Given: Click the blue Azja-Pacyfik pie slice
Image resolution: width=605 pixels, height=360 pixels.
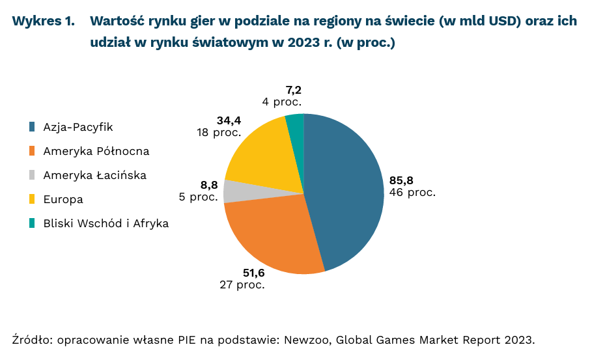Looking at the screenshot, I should coord(345,189).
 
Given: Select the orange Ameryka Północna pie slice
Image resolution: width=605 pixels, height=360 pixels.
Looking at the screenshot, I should coord(274,234).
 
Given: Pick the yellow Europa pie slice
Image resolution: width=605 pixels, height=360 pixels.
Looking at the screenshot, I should coord(260,156).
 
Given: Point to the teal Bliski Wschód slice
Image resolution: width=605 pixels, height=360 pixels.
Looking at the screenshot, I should coord(295,124).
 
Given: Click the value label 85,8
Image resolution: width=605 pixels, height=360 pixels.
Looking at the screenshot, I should coord(401,180).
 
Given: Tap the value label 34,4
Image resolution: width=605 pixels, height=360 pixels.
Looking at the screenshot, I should coord(228,120).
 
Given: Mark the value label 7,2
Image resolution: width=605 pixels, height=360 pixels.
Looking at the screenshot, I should coord(293,90).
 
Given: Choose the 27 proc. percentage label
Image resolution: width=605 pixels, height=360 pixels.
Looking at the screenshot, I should coord(242,285).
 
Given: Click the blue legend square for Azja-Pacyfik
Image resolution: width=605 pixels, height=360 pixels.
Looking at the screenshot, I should coord(32,127).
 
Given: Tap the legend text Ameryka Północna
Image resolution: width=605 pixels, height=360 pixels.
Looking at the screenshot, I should coord(96,151).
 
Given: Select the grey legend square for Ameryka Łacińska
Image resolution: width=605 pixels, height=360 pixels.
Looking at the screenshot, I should coord(32,175).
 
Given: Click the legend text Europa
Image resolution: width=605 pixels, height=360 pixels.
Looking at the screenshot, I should coord(63,199).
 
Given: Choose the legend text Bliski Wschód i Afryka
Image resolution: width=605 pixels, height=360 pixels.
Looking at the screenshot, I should coord(106,223).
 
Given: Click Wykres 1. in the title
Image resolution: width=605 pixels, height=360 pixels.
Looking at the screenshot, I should coord(43,21).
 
